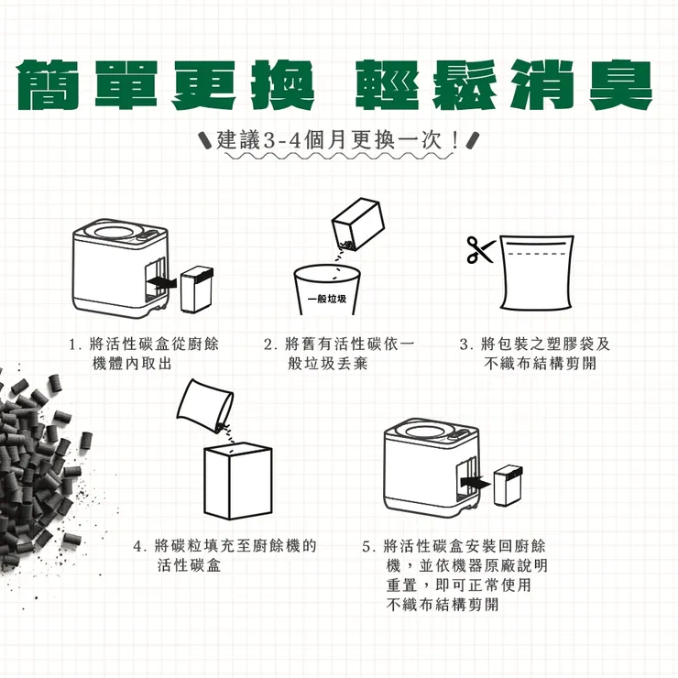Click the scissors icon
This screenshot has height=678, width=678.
478,249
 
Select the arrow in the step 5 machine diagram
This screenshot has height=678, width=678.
476,480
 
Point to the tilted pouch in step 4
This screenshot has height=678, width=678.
203,405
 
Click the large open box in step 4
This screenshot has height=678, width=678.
236,481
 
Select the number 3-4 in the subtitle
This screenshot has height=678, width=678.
277,142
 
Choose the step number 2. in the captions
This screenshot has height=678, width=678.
270,344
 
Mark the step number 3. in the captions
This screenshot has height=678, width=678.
465,344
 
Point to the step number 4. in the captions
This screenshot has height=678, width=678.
141,546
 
